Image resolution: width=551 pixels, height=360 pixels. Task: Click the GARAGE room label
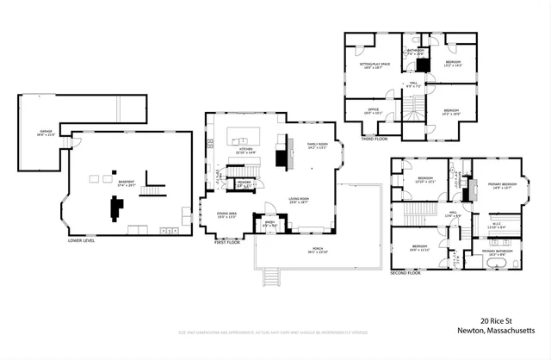46,133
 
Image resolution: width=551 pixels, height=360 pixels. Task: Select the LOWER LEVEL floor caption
81,241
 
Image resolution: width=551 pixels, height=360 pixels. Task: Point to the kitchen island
243,136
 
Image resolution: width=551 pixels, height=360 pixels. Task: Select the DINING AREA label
227,215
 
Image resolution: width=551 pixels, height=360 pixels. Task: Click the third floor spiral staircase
415,107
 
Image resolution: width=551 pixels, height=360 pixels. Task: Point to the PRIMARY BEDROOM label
502,185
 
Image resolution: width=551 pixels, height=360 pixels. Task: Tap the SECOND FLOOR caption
405,272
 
